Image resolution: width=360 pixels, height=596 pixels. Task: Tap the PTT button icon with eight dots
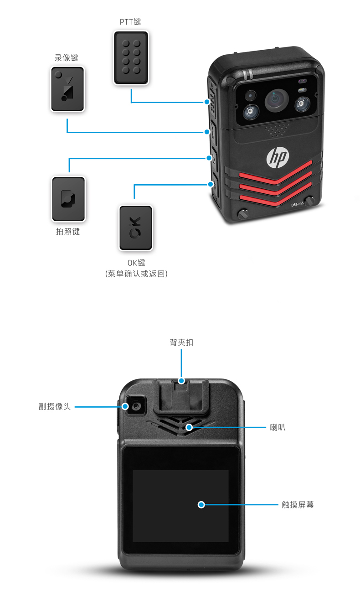pos(131,57)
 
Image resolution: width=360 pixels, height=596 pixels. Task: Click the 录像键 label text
pos(67,58)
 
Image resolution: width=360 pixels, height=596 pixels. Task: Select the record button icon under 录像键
pos(68,89)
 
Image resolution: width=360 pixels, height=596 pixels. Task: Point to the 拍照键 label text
pos(68,232)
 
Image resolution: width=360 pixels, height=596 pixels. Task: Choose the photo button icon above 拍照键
pos(68,198)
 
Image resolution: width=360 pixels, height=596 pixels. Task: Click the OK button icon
pos(136,228)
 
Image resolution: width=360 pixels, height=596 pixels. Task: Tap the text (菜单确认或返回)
pos(136,274)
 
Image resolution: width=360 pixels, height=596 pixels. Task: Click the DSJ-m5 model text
pos(298,205)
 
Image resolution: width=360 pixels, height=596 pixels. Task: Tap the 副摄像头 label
pos(55,406)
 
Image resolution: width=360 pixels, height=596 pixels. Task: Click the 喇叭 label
pos(278,428)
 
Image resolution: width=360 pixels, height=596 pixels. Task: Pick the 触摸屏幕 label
pos(298,505)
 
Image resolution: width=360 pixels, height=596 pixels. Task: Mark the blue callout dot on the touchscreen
pos(201,505)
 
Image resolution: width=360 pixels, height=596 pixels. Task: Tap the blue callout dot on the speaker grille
pos(189,427)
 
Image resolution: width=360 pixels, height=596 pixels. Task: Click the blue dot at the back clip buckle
pos(181,380)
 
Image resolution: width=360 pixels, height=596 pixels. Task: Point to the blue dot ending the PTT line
pos(206,102)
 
